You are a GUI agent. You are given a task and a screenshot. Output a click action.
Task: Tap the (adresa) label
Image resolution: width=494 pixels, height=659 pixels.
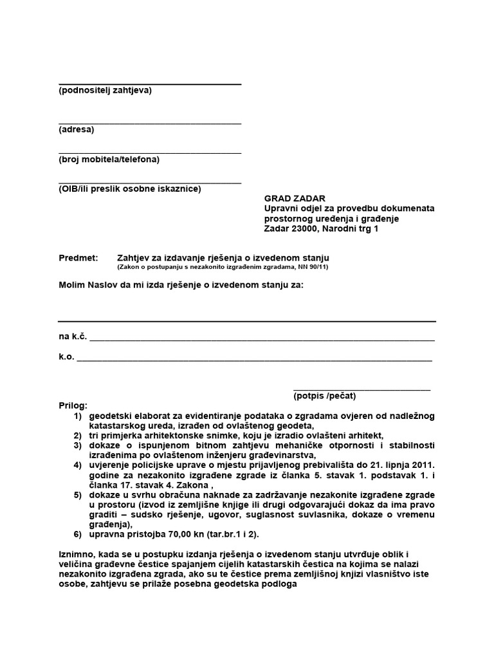(x=76, y=130)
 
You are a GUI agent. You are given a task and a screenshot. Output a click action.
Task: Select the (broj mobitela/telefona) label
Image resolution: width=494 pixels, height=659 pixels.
(x=109, y=160)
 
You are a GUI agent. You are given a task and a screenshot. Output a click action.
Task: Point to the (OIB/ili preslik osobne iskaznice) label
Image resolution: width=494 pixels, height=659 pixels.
(x=129, y=189)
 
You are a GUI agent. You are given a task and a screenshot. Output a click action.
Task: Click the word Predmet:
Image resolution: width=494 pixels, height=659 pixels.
(x=78, y=257)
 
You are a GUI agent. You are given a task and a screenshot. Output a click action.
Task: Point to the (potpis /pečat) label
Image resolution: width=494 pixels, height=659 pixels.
(x=324, y=396)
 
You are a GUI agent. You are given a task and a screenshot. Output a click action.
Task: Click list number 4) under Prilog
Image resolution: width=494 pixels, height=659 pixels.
(x=78, y=465)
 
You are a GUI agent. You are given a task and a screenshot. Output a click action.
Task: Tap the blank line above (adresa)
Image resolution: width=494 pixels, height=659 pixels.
(x=150, y=122)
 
